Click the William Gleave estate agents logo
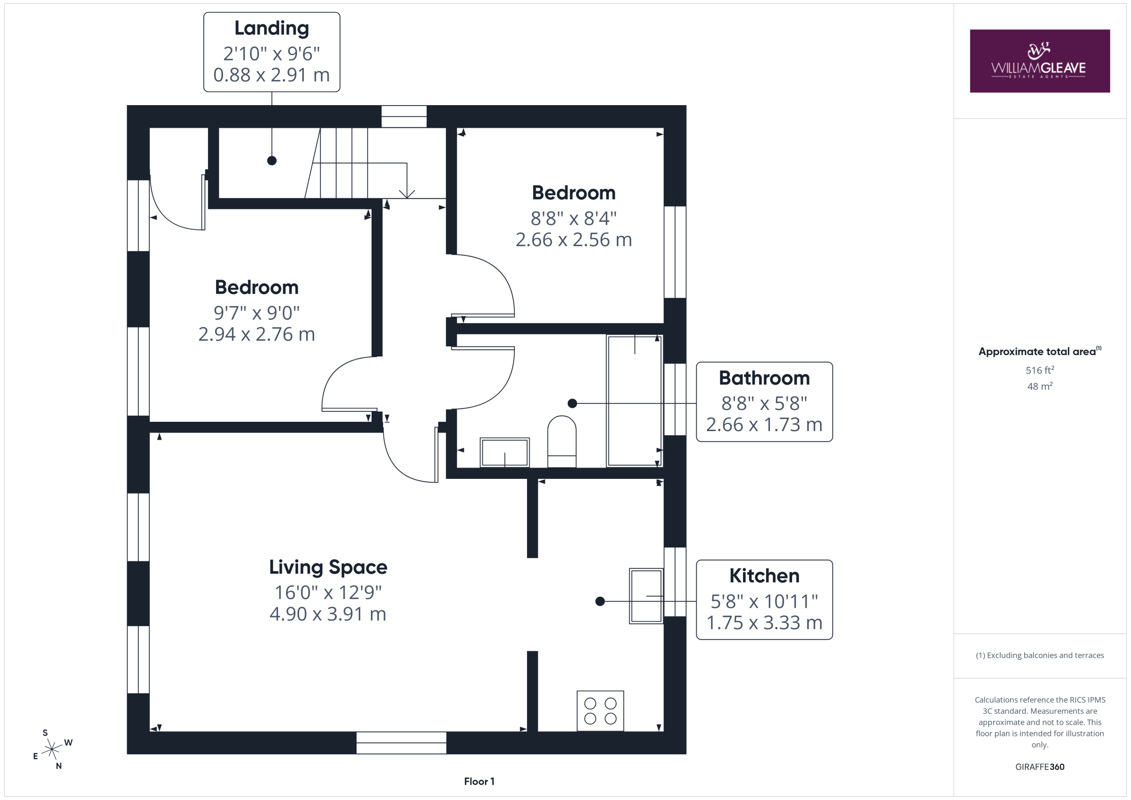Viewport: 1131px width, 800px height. [1040, 61]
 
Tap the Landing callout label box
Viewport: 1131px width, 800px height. [271, 52]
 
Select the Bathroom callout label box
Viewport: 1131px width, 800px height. [764, 402]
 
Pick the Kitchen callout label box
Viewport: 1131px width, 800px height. [764, 599]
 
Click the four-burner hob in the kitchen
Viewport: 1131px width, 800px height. [600, 711]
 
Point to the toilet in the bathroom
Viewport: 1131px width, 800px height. [562, 441]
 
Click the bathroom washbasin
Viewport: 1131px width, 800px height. [505, 452]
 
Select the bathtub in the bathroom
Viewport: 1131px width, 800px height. [634, 401]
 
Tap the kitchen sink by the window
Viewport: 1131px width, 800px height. [646, 596]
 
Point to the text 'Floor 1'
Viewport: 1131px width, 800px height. [479, 781]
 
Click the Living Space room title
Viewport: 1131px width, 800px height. [328, 567]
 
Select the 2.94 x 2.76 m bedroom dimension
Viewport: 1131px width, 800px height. [256, 334]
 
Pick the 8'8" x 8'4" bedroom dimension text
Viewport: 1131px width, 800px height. [573, 218]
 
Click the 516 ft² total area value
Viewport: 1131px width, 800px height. [1040, 369]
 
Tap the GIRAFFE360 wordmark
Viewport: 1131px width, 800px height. [1040, 766]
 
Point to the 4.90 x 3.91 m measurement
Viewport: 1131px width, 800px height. [328, 614]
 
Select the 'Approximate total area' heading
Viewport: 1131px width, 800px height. [1037, 351]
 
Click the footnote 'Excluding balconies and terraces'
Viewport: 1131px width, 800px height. [1040, 655]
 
